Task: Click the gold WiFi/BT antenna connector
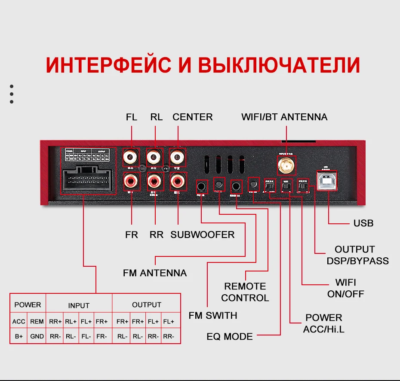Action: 284,165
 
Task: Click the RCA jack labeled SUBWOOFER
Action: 177,180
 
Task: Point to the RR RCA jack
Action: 154,180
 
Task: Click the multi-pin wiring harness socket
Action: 89,180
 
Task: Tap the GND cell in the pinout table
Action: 37,336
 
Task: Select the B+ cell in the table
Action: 19,336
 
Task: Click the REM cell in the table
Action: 37,321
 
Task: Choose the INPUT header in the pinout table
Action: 79,305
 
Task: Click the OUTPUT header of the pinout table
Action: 146,305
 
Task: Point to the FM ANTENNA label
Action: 155,273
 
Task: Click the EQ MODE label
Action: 230,336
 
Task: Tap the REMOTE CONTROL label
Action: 245,292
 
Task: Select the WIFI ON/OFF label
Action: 346,288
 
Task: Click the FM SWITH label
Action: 213,315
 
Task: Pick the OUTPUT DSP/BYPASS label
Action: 357,255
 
